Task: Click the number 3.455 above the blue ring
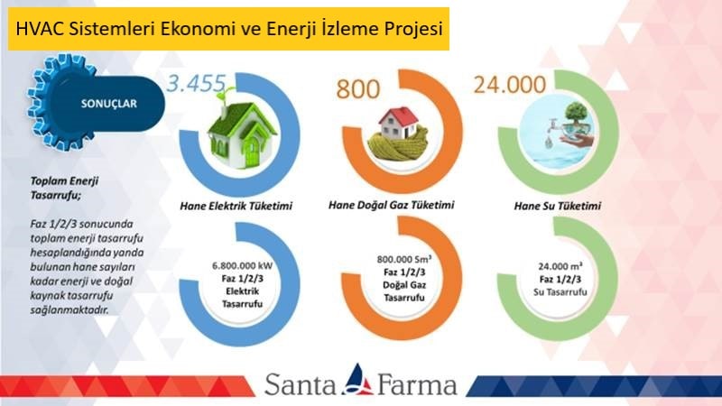tap(196, 84)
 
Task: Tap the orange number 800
tap(357, 89)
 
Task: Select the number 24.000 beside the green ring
tap(510, 85)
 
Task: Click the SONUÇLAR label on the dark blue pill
tap(109, 104)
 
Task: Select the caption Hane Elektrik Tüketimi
tap(236, 206)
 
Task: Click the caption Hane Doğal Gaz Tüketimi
tap(392, 205)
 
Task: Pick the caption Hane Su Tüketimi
tap(557, 206)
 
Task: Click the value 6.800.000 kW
tap(242, 265)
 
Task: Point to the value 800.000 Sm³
tap(403, 259)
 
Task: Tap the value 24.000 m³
tap(560, 266)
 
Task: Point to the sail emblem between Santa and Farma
tap(357, 380)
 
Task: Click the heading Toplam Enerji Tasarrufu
tap(64, 188)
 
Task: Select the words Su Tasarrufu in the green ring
tap(560, 291)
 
